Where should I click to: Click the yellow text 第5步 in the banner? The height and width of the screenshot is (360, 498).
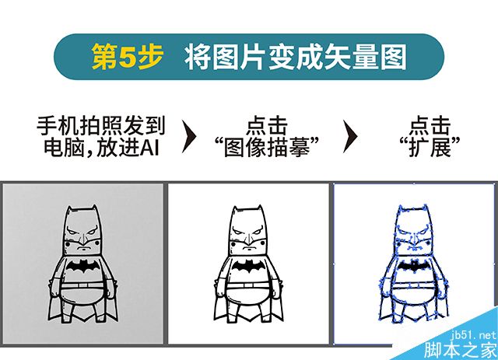pyautogui.click(x=128, y=57)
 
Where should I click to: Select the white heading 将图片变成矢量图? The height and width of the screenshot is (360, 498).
pyautogui.click(x=296, y=57)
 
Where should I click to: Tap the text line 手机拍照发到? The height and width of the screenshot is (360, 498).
pyautogui.click(x=101, y=126)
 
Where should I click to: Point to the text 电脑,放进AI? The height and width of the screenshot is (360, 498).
pyautogui.click(x=101, y=147)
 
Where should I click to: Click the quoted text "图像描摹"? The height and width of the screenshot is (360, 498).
pyautogui.click(x=267, y=147)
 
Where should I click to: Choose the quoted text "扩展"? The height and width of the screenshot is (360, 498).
pyautogui.click(x=430, y=147)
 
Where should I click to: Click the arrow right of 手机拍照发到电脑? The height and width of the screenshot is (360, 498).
pyautogui.click(x=189, y=137)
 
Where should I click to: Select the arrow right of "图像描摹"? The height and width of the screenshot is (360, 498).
pyautogui.click(x=350, y=137)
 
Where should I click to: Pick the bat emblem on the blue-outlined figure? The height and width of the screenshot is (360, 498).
pyautogui.click(x=414, y=266)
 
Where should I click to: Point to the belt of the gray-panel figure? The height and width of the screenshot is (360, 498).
pyautogui.click(x=82, y=285)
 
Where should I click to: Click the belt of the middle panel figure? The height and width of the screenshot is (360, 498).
pyautogui.click(x=247, y=285)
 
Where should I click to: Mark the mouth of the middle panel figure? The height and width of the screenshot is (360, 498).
pyautogui.click(x=248, y=249)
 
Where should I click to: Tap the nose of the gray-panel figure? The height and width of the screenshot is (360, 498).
pyautogui.click(x=83, y=238)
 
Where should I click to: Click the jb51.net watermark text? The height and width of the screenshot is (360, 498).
pyautogui.click(x=473, y=336)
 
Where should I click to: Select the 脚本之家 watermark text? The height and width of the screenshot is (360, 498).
pyautogui.click(x=461, y=350)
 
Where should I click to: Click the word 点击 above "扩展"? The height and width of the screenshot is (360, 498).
pyautogui.click(x=430, y=126)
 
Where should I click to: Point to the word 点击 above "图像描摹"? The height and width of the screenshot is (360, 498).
pyautogui.click(x=267, y=126)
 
